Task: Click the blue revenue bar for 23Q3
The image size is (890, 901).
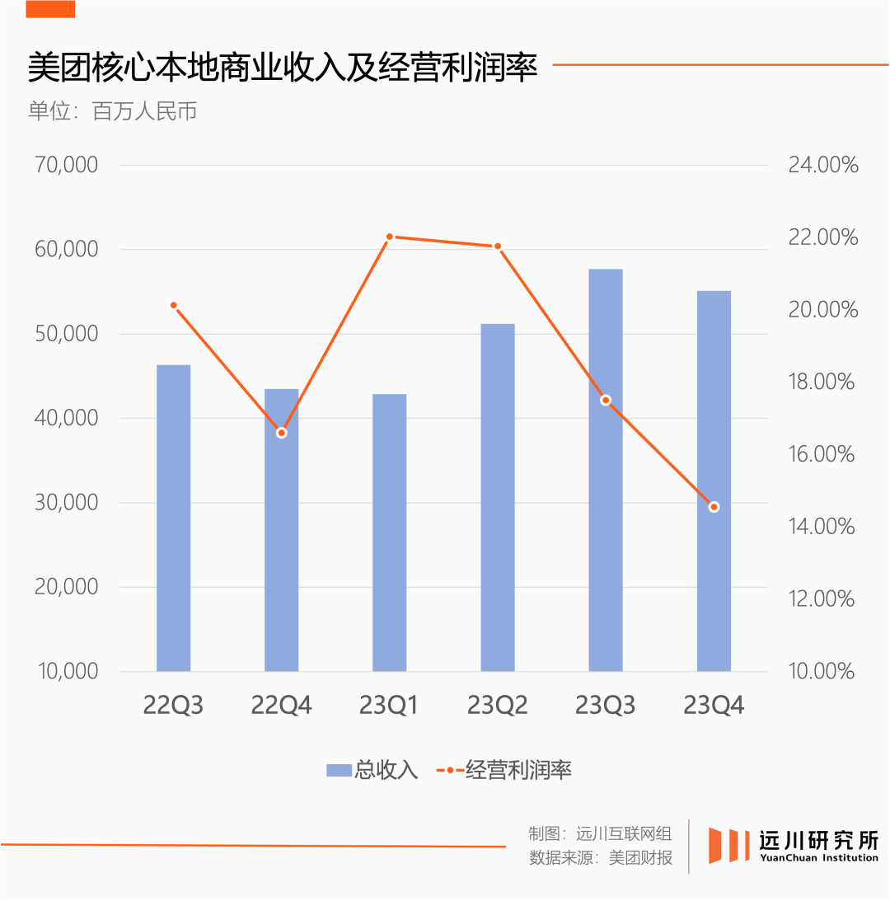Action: [605, 470]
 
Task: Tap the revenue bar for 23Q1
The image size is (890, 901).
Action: [389, 533]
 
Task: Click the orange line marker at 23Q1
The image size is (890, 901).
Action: [390, 237]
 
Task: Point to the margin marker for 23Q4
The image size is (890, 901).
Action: [714, 507]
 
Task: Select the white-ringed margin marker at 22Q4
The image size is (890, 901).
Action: [281, 433]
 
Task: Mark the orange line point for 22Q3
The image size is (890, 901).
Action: [173, 305]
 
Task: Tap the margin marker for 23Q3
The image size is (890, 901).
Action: [606, 400]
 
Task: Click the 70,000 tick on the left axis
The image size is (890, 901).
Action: [66, 165]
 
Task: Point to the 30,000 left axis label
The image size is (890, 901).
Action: [66, 502]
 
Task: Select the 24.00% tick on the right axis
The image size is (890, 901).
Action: [822, 165]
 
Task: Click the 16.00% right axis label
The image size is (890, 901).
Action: [822, 454]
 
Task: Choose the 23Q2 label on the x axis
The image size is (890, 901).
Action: [497, 706]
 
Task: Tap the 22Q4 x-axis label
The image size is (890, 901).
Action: [281, 706]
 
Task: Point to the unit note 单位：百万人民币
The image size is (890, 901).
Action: [112, 111]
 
